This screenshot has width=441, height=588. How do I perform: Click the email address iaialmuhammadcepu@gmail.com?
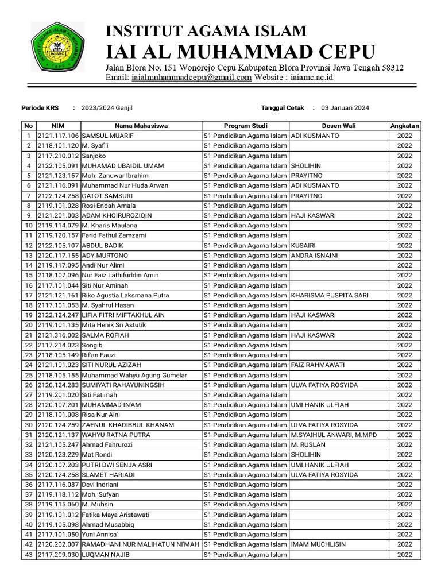point(191,78)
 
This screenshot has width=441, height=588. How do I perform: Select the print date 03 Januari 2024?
point(345,107)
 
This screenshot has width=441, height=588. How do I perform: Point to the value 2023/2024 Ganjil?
point(106,107)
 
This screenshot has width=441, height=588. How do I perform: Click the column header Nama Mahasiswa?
point(141,126)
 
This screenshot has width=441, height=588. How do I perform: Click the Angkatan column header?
point(404,126)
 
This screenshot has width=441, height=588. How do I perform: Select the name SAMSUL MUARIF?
point(107,136)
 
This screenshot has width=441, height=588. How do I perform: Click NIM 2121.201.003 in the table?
point(58,215)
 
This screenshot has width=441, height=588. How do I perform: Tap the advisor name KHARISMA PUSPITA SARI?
point(330,295)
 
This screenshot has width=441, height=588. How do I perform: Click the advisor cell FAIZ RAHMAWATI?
point(318,365)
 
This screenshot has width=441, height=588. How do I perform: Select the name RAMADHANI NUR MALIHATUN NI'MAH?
point(140,544)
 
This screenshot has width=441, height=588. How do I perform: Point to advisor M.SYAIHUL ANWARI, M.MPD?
point(334,435)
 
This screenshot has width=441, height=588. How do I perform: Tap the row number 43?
point(28,555)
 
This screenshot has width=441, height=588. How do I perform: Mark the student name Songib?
point(92,345)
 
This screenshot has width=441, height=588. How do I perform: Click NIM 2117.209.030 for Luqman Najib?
point(58,555)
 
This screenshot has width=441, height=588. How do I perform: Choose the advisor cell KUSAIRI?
point(304,245)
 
